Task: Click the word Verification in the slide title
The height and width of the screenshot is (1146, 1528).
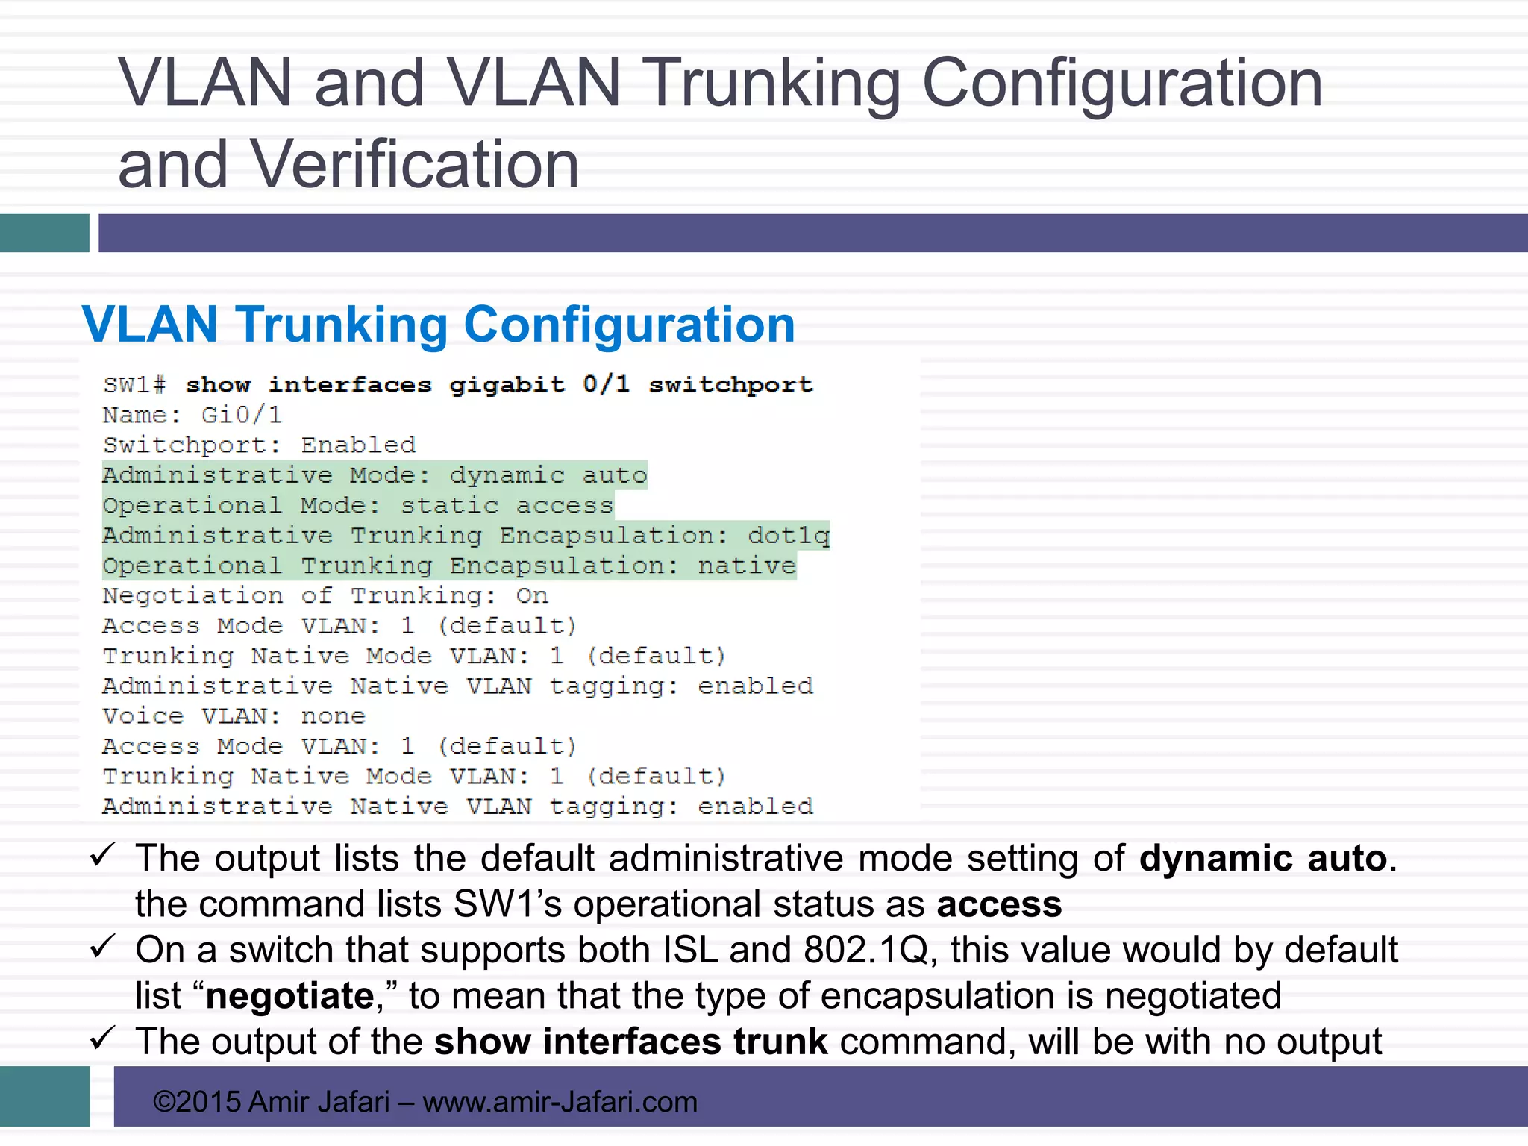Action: tap(414, 164)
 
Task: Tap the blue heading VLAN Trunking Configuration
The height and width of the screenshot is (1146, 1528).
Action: tap(438, 325)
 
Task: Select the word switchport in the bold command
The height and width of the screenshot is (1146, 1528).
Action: tap(730, 385)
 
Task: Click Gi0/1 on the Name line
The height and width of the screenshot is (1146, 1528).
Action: tap(242, 415)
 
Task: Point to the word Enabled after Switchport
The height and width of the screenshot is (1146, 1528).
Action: tap(358, 445)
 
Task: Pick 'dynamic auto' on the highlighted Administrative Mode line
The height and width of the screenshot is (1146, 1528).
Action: tap(548, 475)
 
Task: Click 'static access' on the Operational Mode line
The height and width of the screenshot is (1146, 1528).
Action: tap(507, 506)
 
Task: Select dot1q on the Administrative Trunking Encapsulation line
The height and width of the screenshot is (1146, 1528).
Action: tap(789, 536)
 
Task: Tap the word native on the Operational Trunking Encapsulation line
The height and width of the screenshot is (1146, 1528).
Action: tap(747, 566)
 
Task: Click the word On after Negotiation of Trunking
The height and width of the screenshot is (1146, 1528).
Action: tap(532, 596)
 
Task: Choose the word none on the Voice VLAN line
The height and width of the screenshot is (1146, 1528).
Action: tap(333, 716)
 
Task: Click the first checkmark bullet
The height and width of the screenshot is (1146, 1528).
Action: tap(101, 855)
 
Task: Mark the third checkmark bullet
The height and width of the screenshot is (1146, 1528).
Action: tap(101, 1038)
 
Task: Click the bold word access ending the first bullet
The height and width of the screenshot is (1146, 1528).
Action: tap(999, 904)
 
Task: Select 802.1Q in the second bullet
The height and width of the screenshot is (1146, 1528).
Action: tap(865, 951)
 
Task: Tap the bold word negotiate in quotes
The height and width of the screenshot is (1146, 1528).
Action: tap(289, 996)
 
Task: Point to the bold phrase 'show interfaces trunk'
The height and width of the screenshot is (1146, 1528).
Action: tap(630, 1042)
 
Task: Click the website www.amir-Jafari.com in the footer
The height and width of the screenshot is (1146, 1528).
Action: tap(560, 1102)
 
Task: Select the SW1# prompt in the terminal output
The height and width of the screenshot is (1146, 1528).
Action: tap(134, 385)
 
